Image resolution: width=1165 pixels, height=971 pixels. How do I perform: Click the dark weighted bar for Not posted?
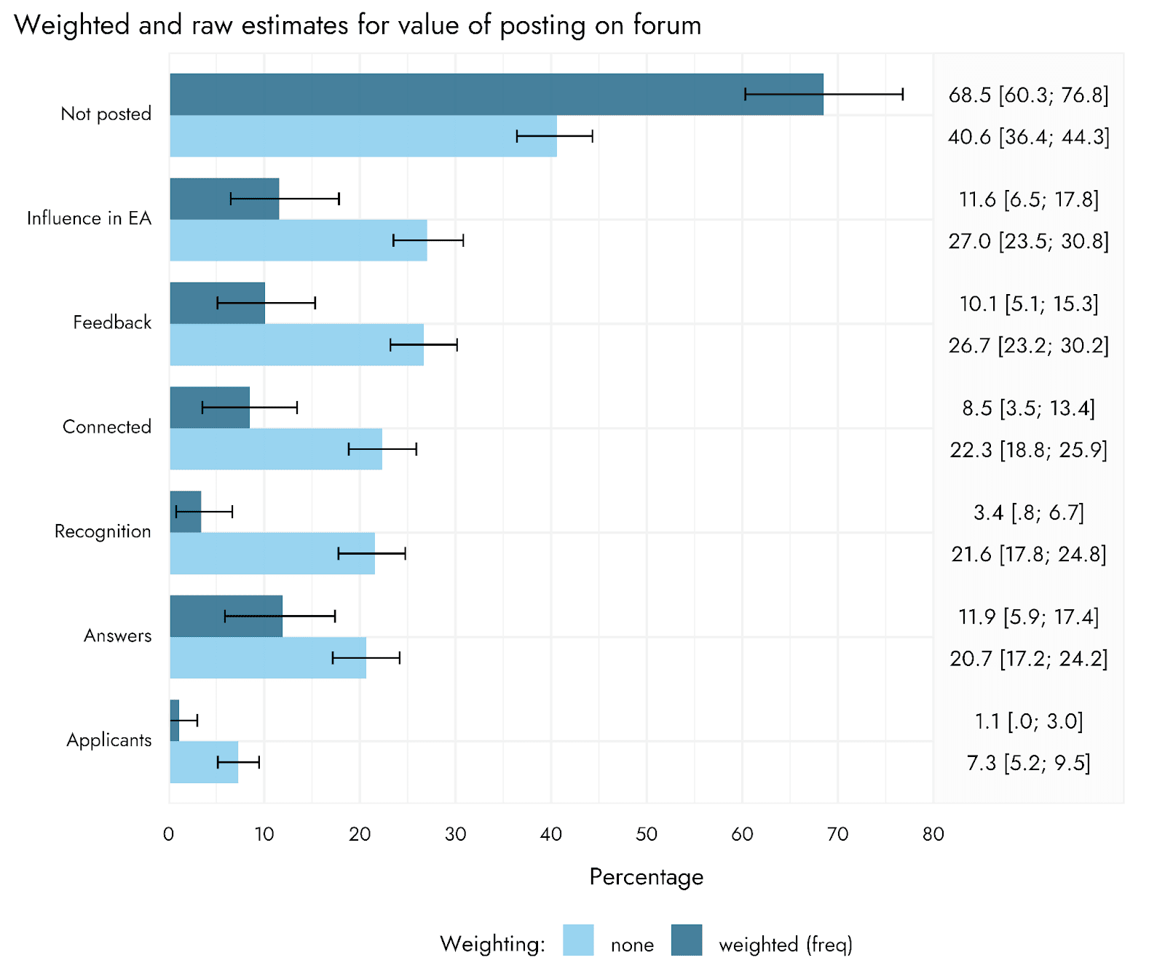click(x=497, y=94)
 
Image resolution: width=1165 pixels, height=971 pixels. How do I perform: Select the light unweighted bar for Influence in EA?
click(x=299, y=240)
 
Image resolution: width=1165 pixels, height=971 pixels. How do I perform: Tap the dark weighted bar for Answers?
click(x=226, y=616)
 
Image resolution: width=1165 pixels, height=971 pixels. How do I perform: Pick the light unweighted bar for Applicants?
click(x=204, y=762)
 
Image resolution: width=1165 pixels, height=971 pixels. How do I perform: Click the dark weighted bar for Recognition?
click(x=185, y=512)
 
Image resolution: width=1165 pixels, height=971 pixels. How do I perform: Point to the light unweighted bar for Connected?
click(x=276, y=449)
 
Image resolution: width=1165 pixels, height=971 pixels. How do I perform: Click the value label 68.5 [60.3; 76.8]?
click(x=1028, y=95)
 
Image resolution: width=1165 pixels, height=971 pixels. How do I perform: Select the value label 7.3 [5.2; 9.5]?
click(x=1028, y=764)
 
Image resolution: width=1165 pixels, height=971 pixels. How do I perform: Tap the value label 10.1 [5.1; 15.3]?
click(x=1028, y=304)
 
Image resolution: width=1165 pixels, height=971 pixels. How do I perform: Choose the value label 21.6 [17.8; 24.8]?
click(x=1028, y=555)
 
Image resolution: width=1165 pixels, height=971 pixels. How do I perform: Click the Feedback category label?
click(x=112, y=322)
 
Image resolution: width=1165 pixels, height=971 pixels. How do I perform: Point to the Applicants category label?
click(x=109, y=741)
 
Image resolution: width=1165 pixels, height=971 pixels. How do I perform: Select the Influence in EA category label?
click(x=89, y=218)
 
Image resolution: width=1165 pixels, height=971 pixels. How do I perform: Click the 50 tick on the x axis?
click(x=647, y=834)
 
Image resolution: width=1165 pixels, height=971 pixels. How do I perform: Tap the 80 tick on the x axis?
click(x=933, y=834)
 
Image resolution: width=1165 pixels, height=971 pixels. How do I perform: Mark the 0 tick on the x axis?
click(x=169, y=834)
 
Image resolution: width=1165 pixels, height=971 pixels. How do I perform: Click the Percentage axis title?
click(x=647, y=877)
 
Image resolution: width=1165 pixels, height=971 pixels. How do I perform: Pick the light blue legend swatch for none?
click(x=578, y=940)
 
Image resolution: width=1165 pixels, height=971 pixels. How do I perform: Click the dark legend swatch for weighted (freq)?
click(x=687, y=940)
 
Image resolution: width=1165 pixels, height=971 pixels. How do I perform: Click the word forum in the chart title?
click(x=667, y=25)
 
